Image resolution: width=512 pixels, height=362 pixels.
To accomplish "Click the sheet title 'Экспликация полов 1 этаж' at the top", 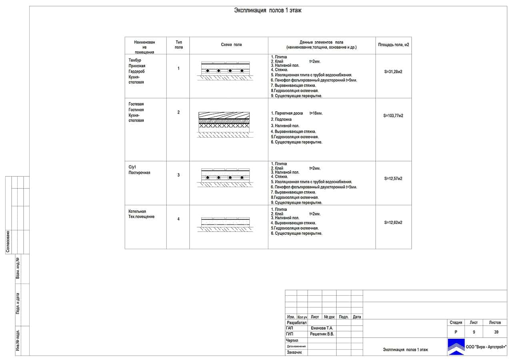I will coord(268,11).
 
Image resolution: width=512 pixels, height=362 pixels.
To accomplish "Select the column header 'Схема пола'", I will coord(231,45).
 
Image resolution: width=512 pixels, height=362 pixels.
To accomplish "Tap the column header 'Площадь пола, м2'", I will coord(394,45).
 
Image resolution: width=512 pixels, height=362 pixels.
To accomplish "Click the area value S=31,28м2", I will coord(393,72).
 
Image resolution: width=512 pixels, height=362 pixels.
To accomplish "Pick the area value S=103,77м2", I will coord(393,116).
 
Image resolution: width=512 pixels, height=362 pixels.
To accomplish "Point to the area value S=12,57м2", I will coord(393,179).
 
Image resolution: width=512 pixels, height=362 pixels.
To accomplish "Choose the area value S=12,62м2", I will coord(393,222).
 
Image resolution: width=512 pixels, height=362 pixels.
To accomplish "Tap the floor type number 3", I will coord(178,175).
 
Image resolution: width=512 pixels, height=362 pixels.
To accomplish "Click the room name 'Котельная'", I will coord(137,212).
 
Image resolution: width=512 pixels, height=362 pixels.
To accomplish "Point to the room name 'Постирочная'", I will coord(140,173).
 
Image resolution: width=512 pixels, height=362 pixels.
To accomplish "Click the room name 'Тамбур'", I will coord(135,60).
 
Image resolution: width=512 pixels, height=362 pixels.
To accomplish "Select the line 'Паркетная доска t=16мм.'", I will coord(296,113).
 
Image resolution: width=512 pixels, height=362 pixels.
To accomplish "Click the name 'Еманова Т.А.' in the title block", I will coord(322,328).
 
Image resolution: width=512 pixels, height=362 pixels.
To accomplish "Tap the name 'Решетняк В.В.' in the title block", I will coord(322,334).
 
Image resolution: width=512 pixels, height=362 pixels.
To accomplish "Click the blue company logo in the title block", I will coord(456,347).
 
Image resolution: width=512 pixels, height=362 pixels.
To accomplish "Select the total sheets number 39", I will coord(496,332).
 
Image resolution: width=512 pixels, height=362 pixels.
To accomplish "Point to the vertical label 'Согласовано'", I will coord(8,242).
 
